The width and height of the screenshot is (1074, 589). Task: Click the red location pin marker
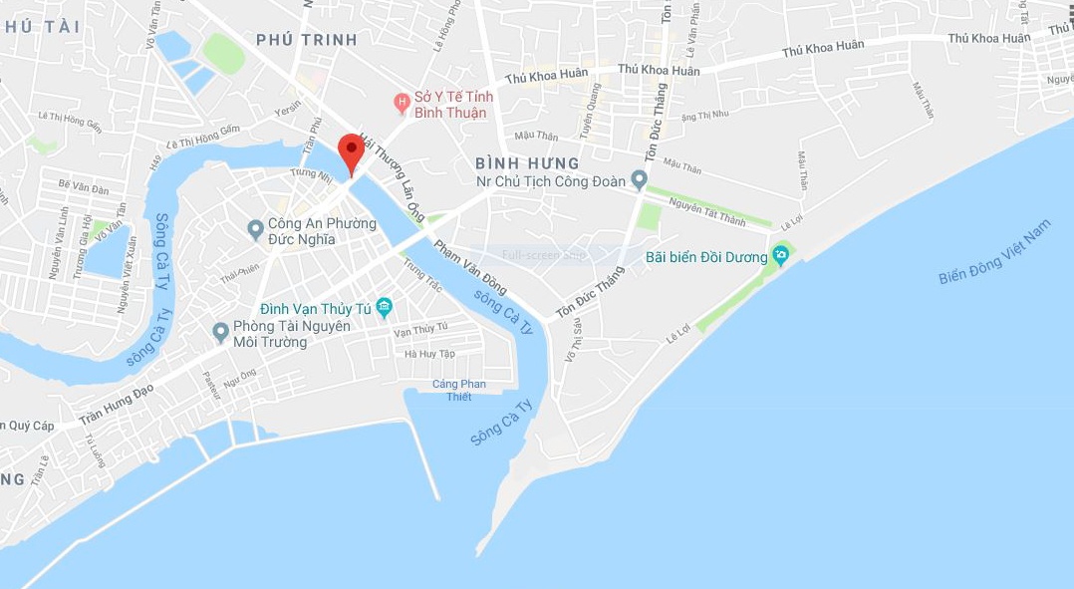click(x=351, y=151)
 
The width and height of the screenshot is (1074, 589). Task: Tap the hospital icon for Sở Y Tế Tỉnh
click(x=402, y=102)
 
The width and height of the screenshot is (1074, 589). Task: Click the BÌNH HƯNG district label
click(x=527, y=162)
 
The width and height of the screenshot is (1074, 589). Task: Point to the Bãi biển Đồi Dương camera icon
click(x=781, y=256)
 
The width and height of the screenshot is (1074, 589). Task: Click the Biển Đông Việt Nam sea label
click(x=995, y=253)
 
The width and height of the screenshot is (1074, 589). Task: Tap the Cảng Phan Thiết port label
click(x=459, y=391)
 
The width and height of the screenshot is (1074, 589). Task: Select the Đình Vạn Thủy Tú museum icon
click(x=384, y=308)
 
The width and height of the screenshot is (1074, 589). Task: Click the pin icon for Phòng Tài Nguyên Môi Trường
click(x=221, y=332)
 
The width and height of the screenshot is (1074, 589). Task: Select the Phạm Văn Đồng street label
click(x=471, y=265)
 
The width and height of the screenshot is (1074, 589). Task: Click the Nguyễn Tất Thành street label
click(x=706, y=212)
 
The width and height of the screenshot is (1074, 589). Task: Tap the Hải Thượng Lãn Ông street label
click(x=394, y=173)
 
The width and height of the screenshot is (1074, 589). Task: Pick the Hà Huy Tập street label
click(x=430, y=354)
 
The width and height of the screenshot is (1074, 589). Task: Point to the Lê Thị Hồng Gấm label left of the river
click(x=70, y=122)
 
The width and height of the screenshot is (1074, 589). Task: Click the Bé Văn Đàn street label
click(x=83, y=185)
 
